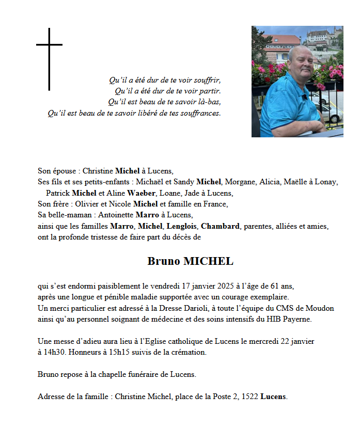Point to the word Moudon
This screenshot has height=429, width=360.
coord(320,308)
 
